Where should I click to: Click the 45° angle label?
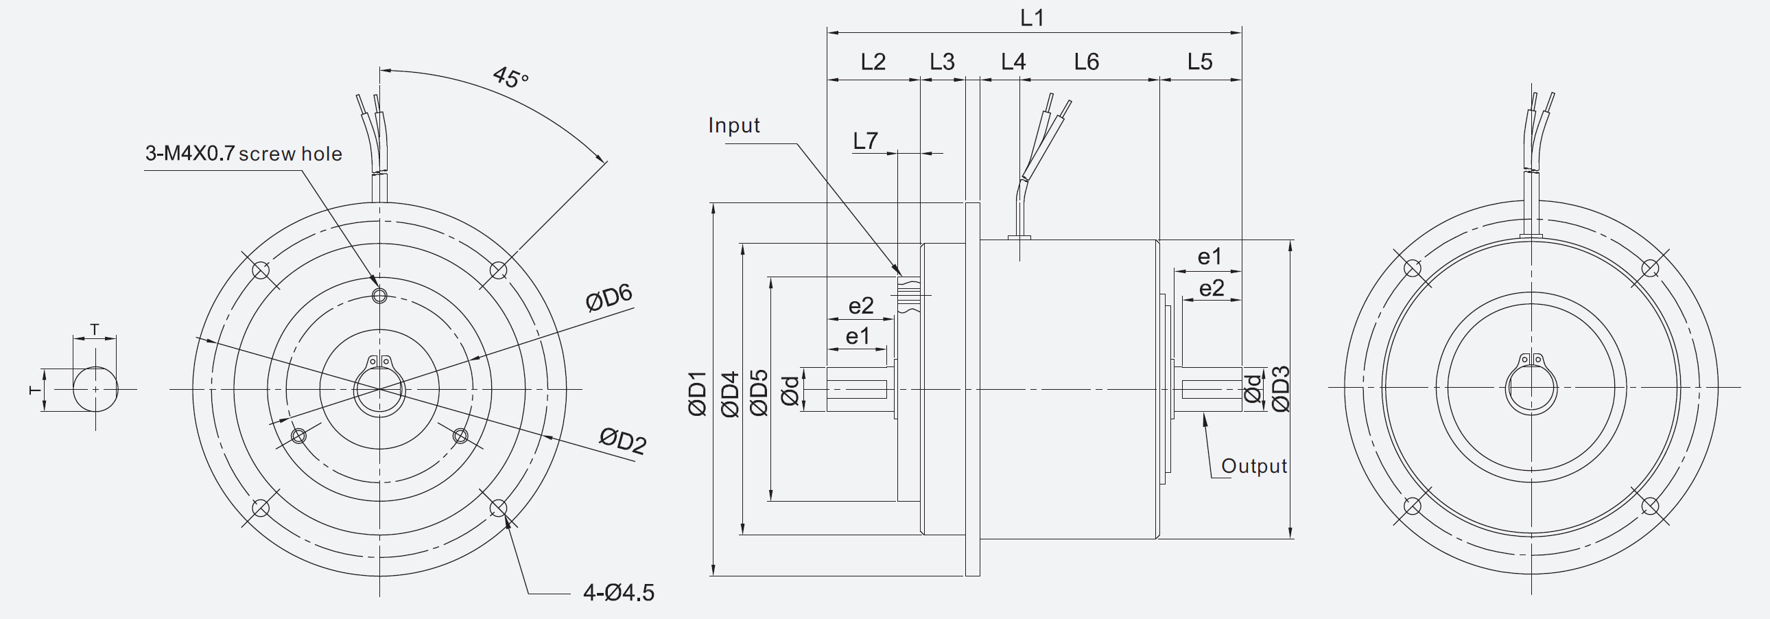pos(510,78)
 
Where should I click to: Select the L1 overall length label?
pos(1032,18)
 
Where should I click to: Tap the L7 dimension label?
pos(865,141)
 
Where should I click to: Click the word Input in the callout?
pos(734,126)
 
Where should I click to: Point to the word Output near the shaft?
pos(1253,467)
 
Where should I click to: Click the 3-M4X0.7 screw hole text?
pos(244,153)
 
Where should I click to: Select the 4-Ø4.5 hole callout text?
pos(618,592)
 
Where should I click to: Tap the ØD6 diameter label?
pos(609,297)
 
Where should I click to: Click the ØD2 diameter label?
pos(622,441)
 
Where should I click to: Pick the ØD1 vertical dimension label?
pos(697,394)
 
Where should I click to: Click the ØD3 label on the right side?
pos(1281,389)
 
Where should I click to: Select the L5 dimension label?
pos(1200,62)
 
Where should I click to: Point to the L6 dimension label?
pos(1086,62)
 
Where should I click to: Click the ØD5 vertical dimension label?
pos(759,394)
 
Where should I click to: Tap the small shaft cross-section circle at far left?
pos(95,389)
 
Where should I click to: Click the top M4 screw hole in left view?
pos(379,296)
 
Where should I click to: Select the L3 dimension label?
pos(942,62)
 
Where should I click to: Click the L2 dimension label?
pos(873,62)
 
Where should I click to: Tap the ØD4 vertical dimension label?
pos(729,394)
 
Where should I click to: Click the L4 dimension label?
pos(1013,62)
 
